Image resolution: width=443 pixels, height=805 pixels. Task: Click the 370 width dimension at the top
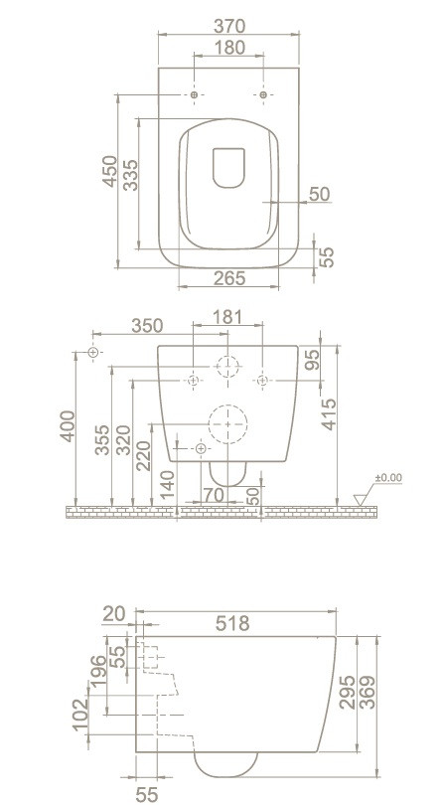[228, 26]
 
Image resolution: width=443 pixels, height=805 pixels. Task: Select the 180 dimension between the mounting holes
[228, 48]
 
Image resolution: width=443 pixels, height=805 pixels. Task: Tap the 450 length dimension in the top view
[109, 172]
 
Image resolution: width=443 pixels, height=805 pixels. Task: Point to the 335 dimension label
[130, 175]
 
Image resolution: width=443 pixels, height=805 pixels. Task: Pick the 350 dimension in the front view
[147, 326]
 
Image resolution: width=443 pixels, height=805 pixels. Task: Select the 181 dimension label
[225, 317]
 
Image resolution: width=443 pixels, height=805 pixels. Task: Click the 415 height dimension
[329, 413]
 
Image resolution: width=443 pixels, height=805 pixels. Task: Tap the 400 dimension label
[68, 426]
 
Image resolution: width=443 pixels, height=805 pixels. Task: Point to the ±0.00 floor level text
[388, 478]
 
